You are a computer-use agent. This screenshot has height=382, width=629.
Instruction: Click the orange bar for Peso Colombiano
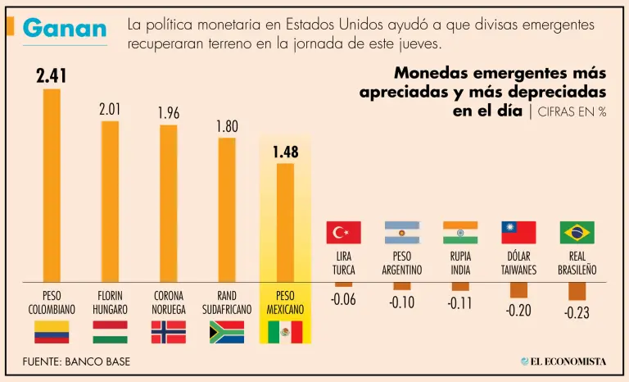pos(52,184)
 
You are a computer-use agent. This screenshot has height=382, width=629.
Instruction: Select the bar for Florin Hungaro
pos(110,201)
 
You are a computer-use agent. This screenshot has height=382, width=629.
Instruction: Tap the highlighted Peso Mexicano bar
pos(285,222)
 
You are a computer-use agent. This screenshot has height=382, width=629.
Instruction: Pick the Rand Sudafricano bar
pos(227,209)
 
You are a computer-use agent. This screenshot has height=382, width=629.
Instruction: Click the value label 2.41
pos(51,76)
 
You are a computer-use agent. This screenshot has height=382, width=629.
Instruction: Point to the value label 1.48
pos(285,152)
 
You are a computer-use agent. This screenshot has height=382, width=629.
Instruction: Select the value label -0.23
pos(577,313)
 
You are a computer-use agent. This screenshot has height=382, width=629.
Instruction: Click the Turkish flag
pos(343,233)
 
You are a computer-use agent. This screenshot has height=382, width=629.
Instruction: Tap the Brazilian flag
pos(577,233)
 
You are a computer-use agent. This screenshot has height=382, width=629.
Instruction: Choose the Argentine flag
pos(402,233)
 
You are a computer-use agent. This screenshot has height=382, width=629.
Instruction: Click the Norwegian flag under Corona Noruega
pos(168,332)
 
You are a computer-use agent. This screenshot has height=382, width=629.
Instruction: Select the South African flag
pos(227,332)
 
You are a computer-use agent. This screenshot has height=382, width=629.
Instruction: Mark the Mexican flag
pos(285,332)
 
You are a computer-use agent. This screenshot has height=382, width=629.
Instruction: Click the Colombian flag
pos(52,332)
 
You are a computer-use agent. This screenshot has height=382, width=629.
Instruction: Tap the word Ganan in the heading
pos(65,29)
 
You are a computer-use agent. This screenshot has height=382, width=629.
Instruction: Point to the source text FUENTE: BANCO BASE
pos(76,362)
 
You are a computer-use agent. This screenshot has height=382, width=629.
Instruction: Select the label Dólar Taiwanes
pos(518,263)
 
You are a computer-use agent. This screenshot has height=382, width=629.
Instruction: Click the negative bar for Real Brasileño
pos(577,291)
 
